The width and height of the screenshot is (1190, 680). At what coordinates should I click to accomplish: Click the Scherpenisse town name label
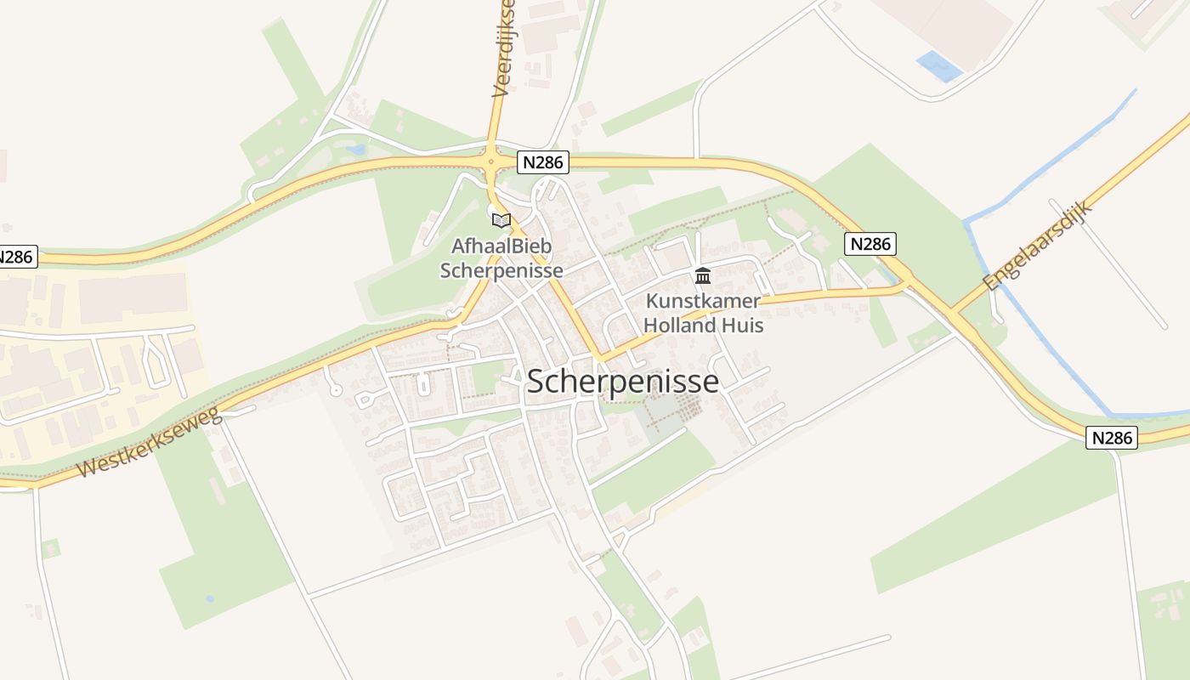pyautogui.click(x=623, y=382)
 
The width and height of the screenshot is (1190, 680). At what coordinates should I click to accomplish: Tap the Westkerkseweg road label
pyautogui.click(x=149, y=442)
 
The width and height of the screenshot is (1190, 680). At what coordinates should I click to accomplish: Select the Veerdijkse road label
pyautogui.click(x=503, y=49)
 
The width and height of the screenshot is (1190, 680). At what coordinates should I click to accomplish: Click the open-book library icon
pyautogui.click(x=501, y=221)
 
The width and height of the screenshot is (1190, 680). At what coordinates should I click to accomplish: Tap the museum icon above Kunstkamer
pyautogui.click(x=703, y=275)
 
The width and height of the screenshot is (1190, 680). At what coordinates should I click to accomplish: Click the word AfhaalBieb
pyautogui.click(x=501, y=246)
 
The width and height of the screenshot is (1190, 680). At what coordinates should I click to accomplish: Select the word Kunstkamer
pyautogui.click(x=703, y=301)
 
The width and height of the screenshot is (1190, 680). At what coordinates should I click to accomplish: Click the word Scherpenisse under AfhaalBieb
pyautogui.click(x=507, y=270)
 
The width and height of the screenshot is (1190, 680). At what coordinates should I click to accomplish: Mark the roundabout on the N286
pyautogui.click(x=490, y=159)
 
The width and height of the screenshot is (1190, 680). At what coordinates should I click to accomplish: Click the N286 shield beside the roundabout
pyautogui.click(x=542, y=162)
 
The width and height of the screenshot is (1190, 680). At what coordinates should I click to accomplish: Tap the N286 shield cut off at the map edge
pyautogui.click(x=17, y=256)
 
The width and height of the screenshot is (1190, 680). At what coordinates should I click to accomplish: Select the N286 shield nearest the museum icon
pyautogui.click(x=870, y=245)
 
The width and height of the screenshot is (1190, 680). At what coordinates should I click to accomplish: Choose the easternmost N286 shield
pyautogui.click(x=1112, y=438)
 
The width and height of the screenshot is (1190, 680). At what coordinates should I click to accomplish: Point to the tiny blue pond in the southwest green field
pyautogui.click(x=210, y=598)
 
